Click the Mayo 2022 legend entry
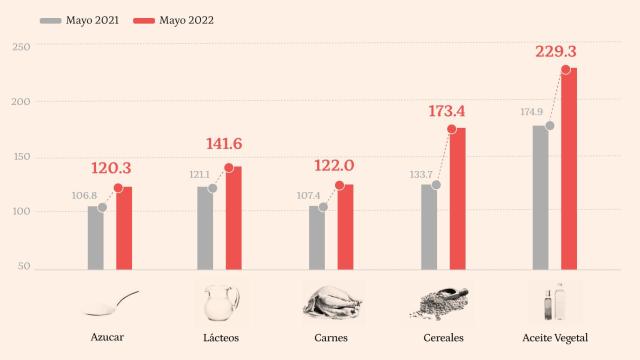point(172,19)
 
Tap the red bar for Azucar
point(124,227)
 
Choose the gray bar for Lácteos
point(205,227)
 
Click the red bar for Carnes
point(345,226)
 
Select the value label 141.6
point(224,145)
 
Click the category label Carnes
point(331,337)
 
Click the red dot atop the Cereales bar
point(452,129)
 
